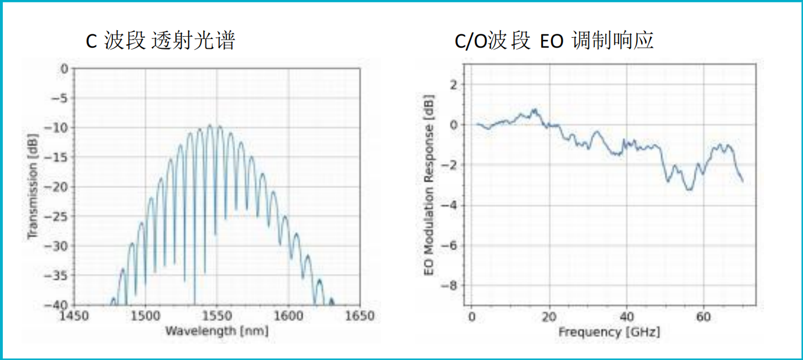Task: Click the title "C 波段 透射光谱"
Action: point(160,41)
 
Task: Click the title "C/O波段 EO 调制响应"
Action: point(554,41)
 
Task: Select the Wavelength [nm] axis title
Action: point(216,331)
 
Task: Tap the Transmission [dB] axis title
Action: point(33,186)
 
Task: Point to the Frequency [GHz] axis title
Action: point(609,332)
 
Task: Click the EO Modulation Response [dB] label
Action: point(429,185)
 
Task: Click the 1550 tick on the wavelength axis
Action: point(217,316)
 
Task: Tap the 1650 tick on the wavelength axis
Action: point(360,316)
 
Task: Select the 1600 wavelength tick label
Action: point(289,316)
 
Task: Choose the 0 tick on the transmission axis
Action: point(64,69)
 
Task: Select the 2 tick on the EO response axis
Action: point(454,85)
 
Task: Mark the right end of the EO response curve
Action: point(742,181)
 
